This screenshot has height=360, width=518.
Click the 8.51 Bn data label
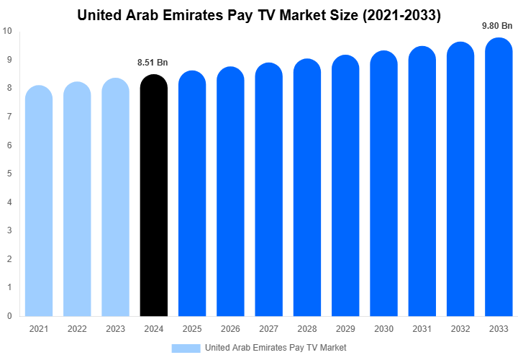pos(153,63)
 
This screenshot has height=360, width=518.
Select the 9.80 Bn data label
pos(496,26)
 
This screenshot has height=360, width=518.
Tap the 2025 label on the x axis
pos(191,329)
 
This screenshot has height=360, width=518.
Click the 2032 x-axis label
pos(460,329)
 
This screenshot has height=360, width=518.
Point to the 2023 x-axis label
pos(115,329)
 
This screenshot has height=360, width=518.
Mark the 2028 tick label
pos(306,329)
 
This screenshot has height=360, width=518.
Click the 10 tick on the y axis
pos(7,31)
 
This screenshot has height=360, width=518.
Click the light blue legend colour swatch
pos(186,348)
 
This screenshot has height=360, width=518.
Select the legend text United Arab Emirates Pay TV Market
pos(276,348)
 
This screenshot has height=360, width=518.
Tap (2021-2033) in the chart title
pos(399,14)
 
